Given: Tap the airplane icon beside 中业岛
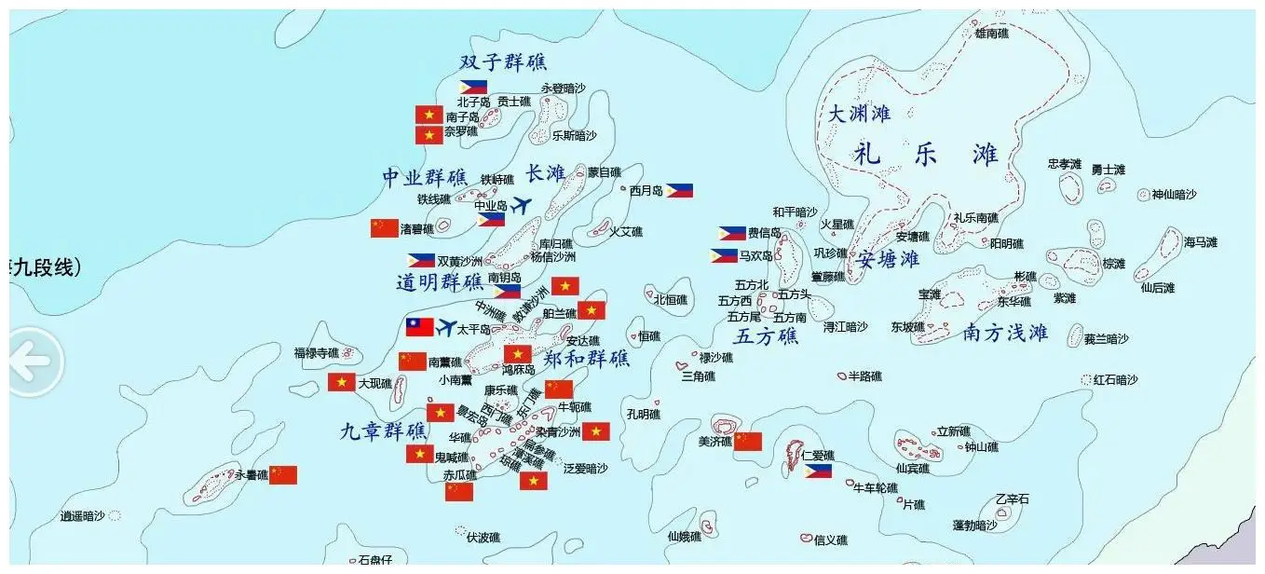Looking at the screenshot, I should click(522, 204).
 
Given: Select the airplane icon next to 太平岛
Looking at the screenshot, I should click(447, 328).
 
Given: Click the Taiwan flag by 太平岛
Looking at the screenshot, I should click(419, 327).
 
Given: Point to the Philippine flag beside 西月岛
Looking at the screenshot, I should click(679, 190).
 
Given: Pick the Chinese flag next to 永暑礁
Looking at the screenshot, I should click(283, 475).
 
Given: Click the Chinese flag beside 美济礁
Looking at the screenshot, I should click(748, 441).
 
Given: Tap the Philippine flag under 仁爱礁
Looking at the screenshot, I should click(818, 471).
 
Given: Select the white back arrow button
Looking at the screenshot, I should click(32, 362).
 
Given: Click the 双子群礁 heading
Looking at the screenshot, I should click(503, 62).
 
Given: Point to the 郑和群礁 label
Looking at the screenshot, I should click(586, 359).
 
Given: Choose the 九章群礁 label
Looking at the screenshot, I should click(383, 431).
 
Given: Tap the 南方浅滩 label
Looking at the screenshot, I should click(1005, 333).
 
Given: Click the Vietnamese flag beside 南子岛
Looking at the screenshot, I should click(428, 115).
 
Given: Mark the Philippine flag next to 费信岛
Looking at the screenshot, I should click(731, 233).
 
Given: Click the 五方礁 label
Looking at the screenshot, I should click(766, 336).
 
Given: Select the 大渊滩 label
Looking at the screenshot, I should click(859, 114).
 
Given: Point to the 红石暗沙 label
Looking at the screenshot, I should click(1115, 380).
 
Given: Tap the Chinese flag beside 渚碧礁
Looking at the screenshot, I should click(385, 228).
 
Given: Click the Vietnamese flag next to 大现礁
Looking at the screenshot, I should click(341, 382).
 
